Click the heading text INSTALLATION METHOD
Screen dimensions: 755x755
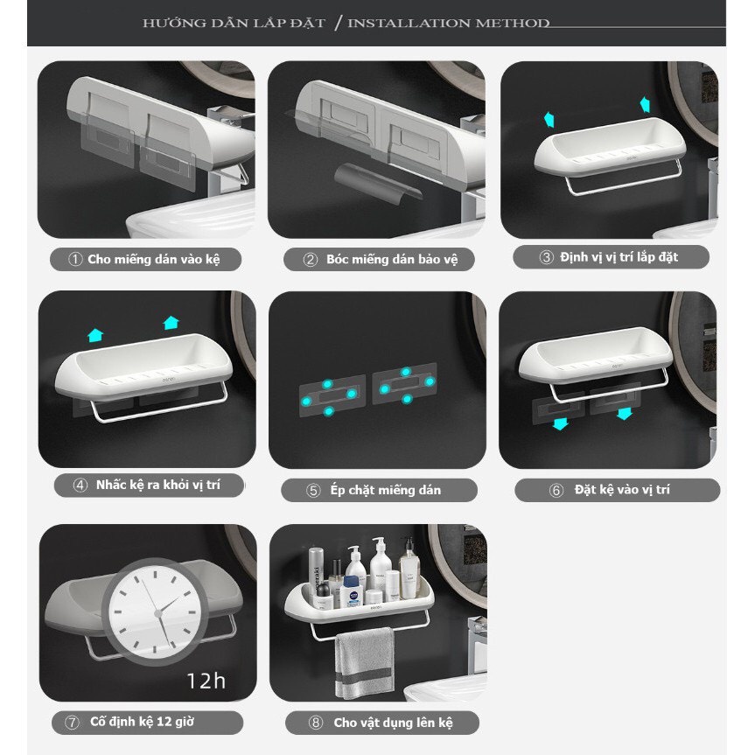(x=448, y=23)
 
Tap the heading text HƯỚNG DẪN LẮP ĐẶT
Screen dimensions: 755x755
(x=234, y=23)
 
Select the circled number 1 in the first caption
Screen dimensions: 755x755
(x=75, y=260)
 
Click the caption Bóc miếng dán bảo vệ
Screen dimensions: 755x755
(x=392, y=260)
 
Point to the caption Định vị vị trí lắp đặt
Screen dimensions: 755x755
(x=619, y=257)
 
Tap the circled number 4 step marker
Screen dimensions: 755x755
(x=80, y=485)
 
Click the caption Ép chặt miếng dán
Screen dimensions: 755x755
(x=385, y=490)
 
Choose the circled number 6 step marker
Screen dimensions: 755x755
(x=556, y=490)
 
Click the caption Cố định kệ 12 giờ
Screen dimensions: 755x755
(x=142, y=722)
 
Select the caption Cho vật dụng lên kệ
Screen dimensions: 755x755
(x=393, y=723)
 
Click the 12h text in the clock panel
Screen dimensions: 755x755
(x=206, y=681)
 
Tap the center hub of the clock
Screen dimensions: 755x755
(x=158, y=613)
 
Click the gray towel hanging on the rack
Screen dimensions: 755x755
(x=365, y=663)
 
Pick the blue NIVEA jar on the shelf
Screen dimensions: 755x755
(x=353, y=591)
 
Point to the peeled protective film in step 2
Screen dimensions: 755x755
(x=378, y=184)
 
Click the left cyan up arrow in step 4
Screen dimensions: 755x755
(x=95, y=335)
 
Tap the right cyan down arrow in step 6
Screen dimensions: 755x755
(x=625, y=413)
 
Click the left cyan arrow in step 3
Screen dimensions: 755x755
(x=549, y=119)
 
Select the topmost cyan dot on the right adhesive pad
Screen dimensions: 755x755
(x=406, y=372)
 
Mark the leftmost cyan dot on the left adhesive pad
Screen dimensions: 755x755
(x=306, y=401)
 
